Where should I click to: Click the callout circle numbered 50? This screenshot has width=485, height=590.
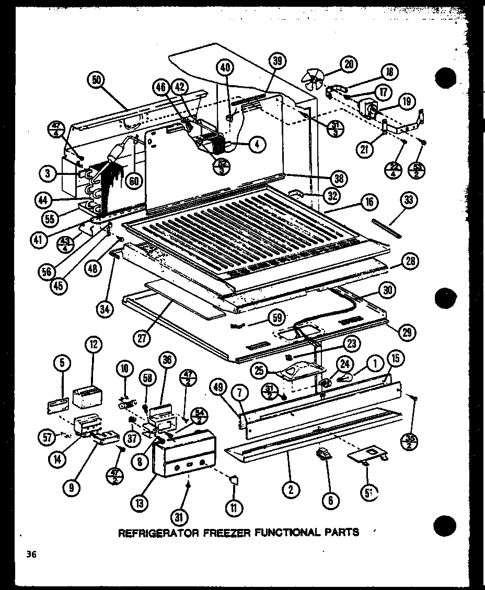click(98, 80)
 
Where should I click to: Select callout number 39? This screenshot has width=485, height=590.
click(278, 61)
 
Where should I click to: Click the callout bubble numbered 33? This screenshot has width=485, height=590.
click(409, 200)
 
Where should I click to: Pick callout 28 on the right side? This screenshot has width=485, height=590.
click(411, 261)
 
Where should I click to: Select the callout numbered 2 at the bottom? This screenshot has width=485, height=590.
click(291, 489)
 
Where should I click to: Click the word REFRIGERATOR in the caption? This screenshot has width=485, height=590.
click(158, 533)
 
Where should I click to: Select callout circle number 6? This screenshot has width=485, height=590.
click(330, 501)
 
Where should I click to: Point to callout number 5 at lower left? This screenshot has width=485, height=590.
click(62, 361)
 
